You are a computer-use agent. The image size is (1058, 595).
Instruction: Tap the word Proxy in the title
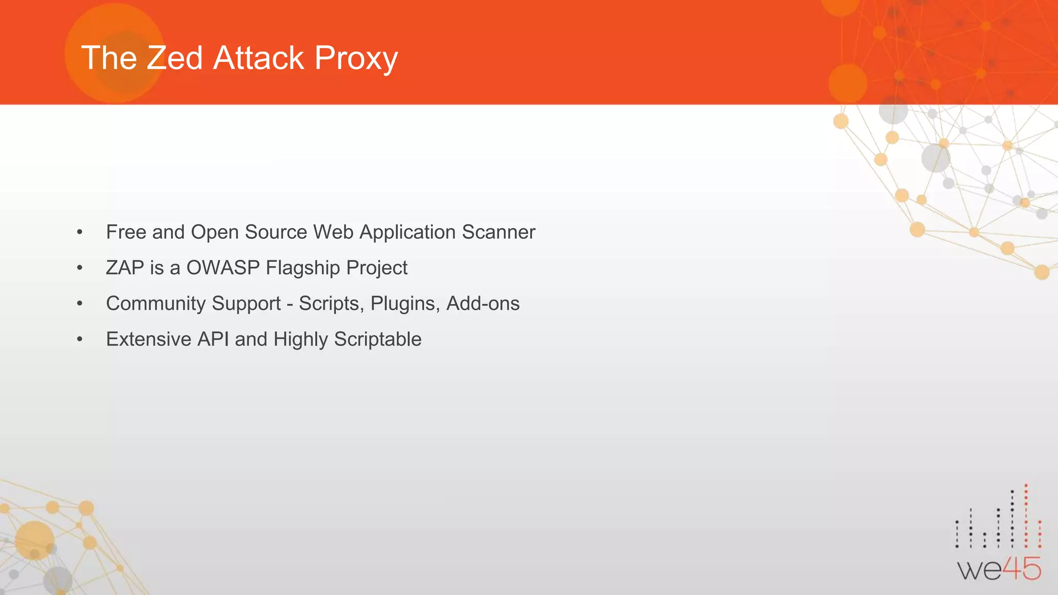tap(356, 58)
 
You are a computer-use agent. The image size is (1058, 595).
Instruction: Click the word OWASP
tap(223, 268)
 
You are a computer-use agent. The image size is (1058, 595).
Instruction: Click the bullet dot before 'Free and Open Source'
tap(80, 232)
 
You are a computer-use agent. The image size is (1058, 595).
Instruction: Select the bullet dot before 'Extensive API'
tap(80, 339)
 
